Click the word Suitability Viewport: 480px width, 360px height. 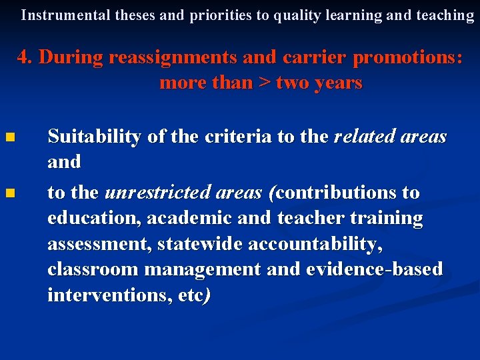pos(94,137)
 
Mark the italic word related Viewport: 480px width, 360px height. pos(365,137)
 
